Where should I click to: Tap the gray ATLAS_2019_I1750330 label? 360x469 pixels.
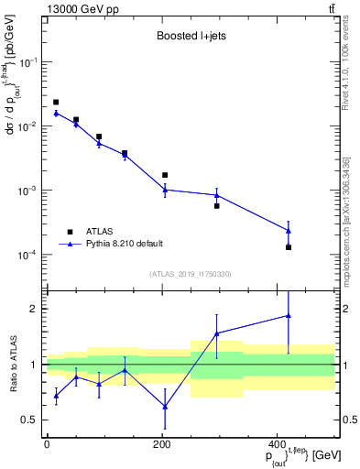191,274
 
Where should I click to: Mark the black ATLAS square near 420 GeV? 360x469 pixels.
289,247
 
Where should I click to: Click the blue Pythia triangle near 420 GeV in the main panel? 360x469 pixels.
289,230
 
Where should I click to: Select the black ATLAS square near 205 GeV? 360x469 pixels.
165,175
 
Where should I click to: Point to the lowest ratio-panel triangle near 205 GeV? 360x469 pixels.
165,406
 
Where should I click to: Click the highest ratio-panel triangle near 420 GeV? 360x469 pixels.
289,315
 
